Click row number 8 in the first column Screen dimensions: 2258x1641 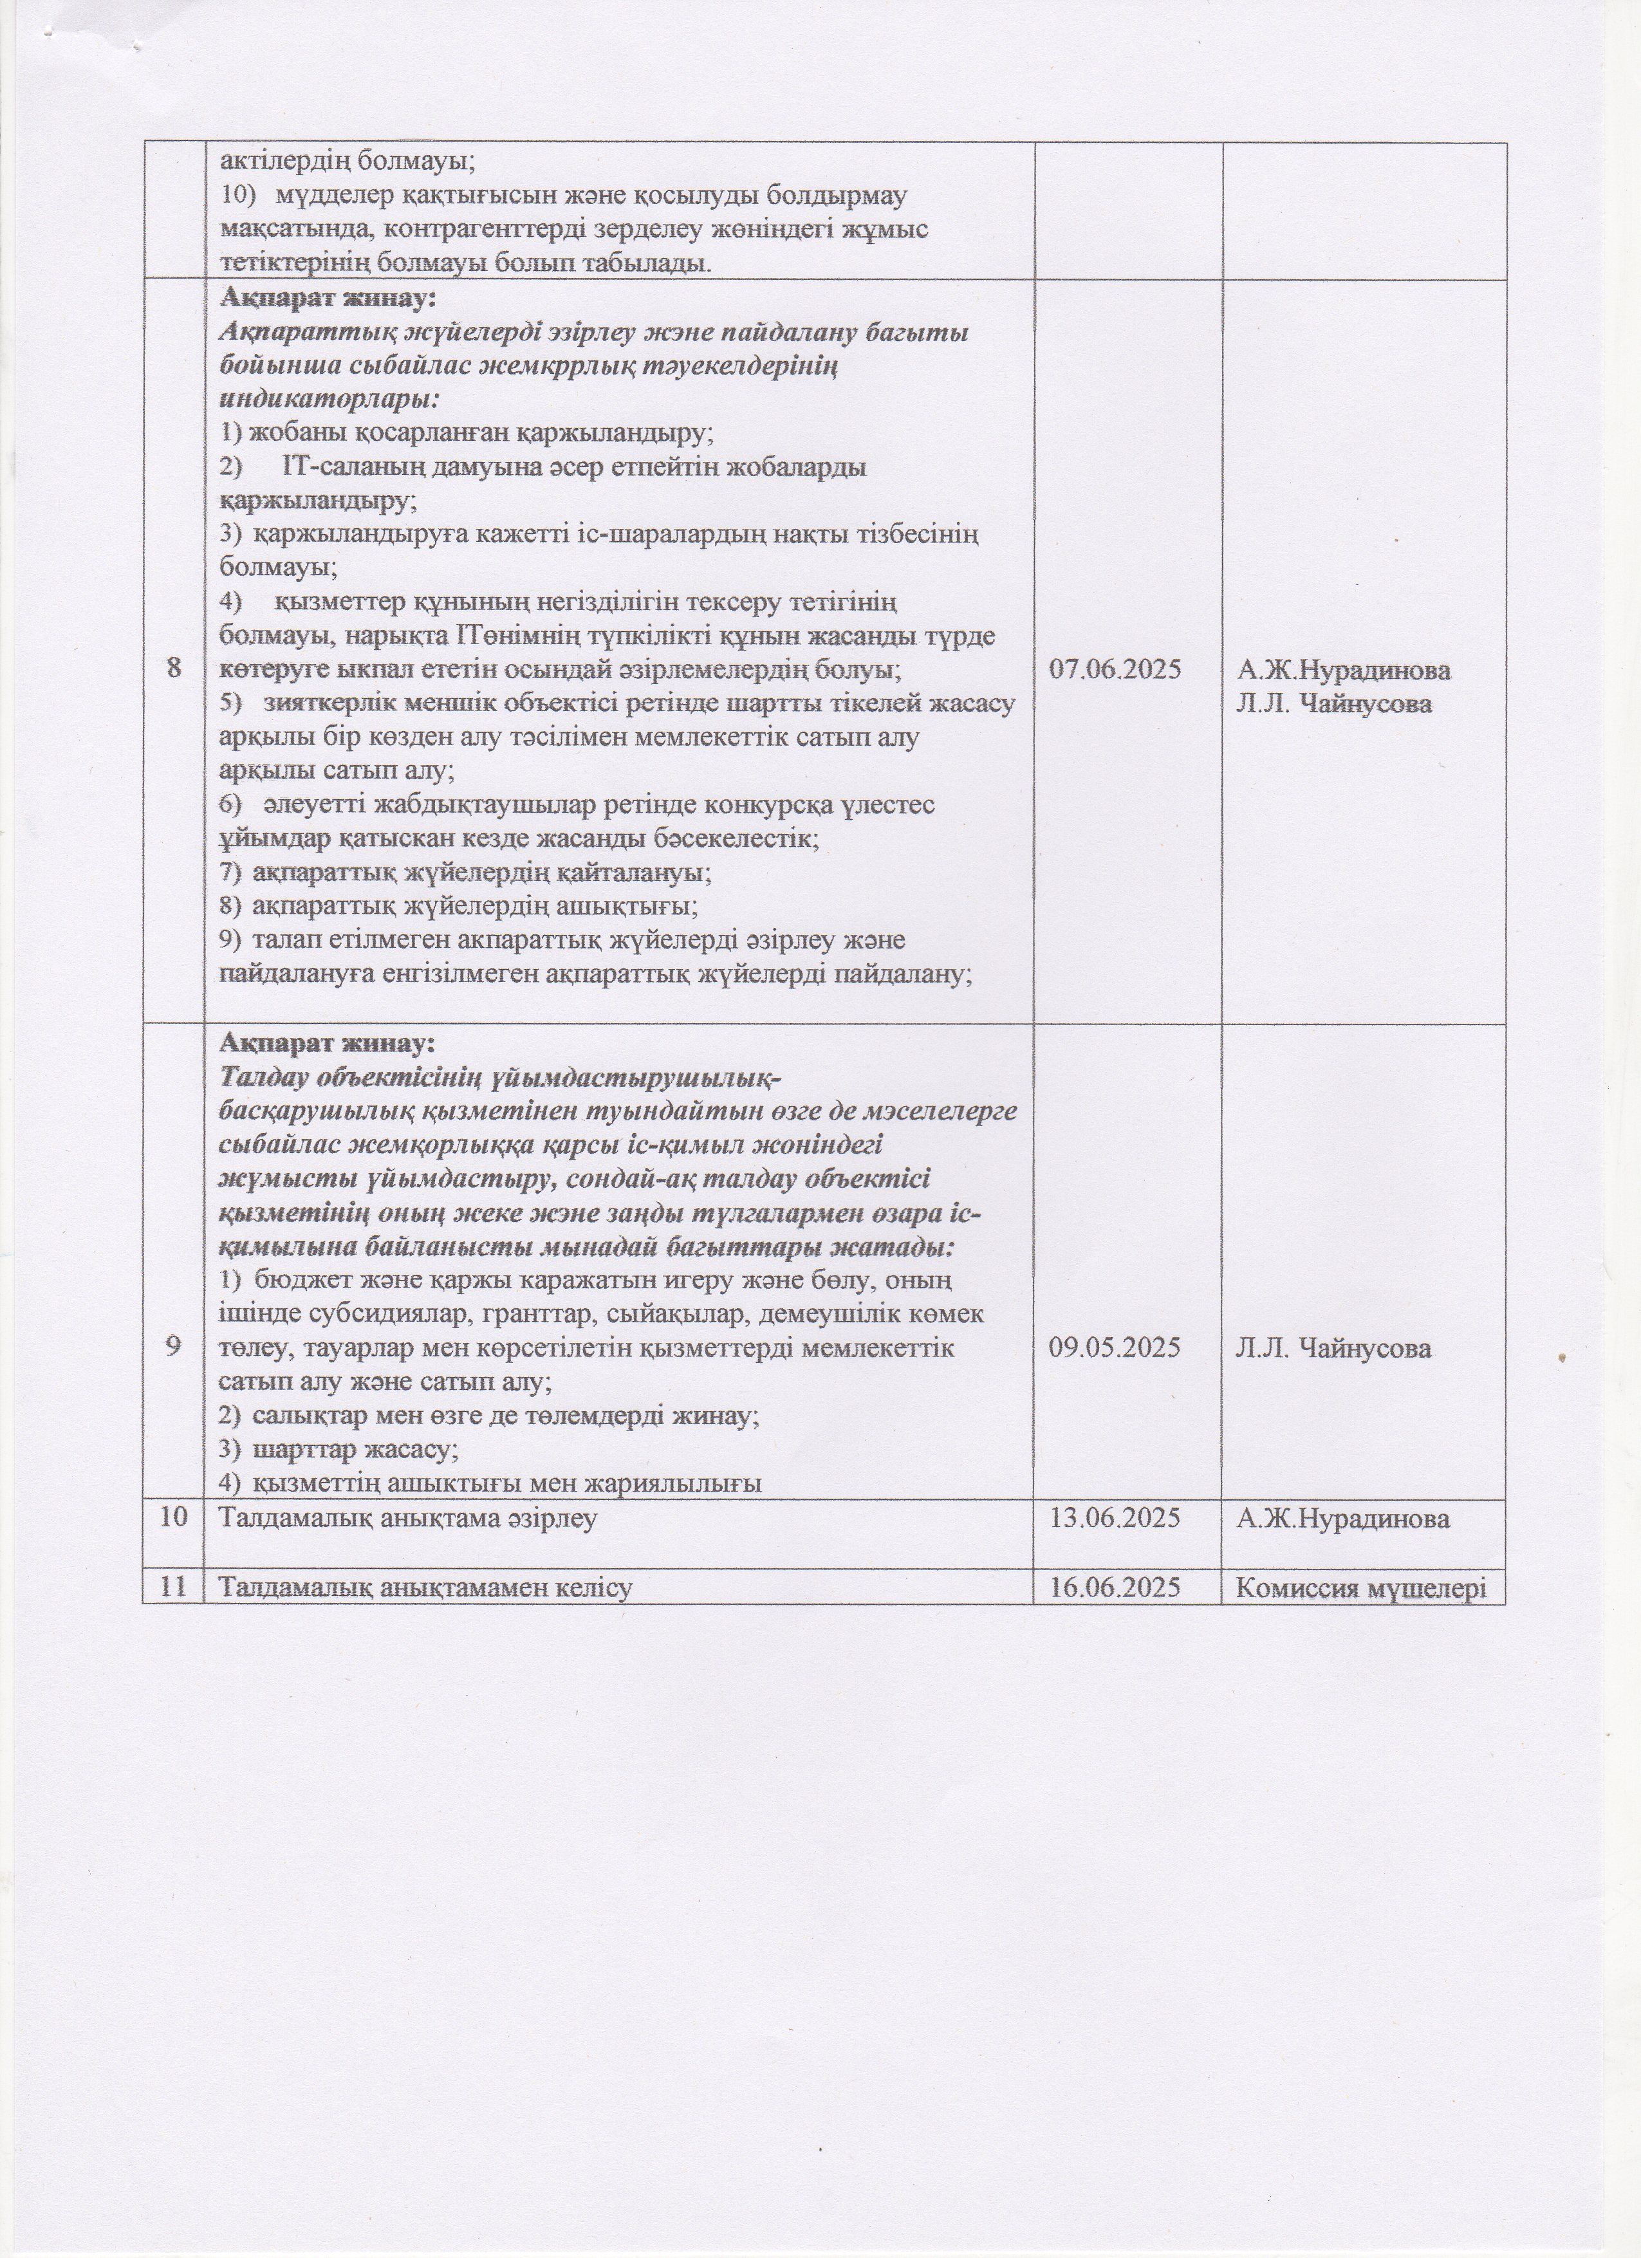175,670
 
